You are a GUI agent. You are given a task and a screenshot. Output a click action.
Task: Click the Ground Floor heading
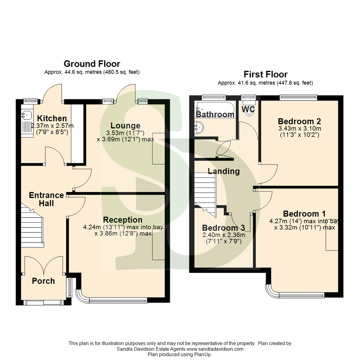point(92,64)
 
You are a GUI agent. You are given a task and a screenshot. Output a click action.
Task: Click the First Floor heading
point(265,74)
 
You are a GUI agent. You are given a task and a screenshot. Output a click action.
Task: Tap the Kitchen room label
point(52,118)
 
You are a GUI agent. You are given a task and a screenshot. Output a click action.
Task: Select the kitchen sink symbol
point(26,115)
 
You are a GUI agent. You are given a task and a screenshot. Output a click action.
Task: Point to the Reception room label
point(123,220)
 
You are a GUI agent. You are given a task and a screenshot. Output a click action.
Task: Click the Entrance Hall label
point(42,199)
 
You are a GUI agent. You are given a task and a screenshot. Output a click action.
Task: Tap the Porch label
point(43,281)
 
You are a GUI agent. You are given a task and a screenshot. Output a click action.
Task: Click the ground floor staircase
point(32,227)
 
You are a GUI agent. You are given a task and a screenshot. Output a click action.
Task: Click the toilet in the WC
point(249,111)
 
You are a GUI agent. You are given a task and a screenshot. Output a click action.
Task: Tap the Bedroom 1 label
point(304,214)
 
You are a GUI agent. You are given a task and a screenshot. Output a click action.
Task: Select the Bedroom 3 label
point(223,228)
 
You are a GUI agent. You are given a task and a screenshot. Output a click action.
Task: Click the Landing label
point(224,171)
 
